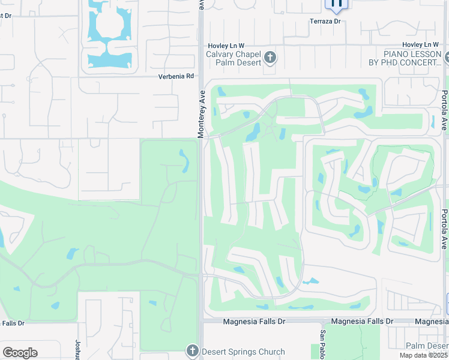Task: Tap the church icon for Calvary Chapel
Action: (270, 58)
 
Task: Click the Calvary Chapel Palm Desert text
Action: (234, 58)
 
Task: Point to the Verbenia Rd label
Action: (176, 76)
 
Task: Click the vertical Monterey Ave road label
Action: (202, 114)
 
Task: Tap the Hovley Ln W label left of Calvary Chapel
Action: (226, 45)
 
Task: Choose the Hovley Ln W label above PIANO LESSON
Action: (421, 45)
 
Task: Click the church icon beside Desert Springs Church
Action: (192, 350)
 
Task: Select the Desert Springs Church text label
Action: (243, 352)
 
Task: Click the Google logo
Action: (20, 353)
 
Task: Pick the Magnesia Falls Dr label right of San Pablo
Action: (360, 322)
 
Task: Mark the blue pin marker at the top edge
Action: (336, 4)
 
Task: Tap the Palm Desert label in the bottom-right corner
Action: (427, 346)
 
